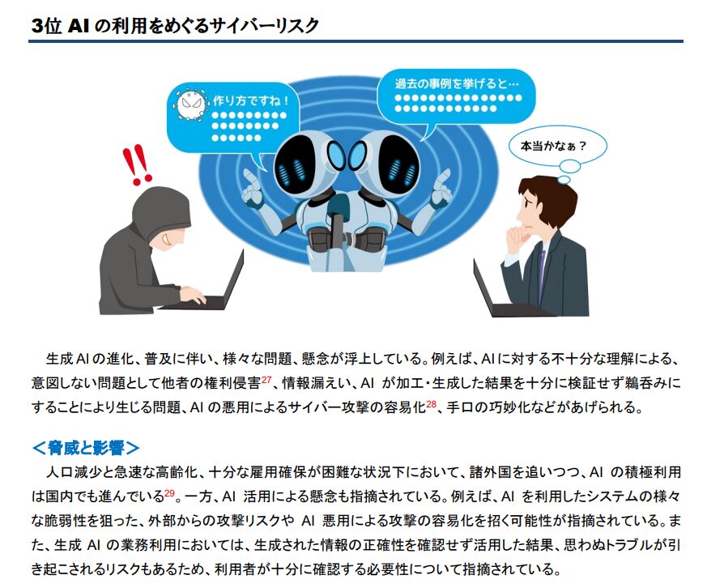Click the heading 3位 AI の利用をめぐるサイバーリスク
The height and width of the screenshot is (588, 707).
174,24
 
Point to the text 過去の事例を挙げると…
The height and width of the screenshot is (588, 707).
454,83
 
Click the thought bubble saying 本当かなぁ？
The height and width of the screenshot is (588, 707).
552,147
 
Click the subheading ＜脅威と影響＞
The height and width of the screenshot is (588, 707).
86,446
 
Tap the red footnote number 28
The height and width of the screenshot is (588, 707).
431,403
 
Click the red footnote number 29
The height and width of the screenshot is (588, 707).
169,493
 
